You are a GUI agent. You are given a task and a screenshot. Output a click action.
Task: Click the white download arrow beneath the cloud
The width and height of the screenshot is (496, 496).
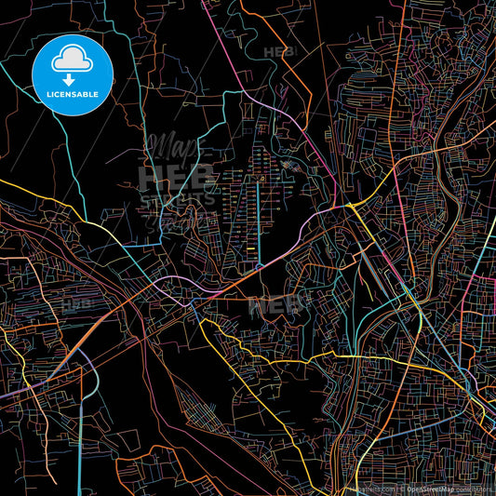71,80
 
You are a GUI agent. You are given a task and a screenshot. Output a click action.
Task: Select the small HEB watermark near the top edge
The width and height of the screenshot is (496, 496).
279,52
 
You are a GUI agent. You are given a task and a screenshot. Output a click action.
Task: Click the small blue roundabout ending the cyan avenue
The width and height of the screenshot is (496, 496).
258,266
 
